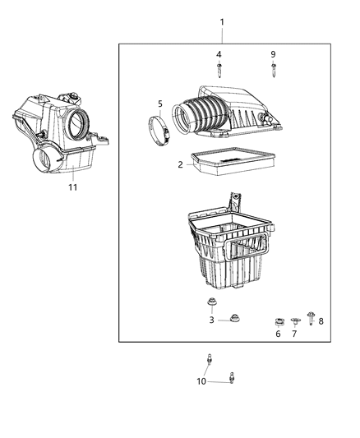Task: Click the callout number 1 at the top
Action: tap(220, 20)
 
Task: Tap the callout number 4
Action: tap(219, 54)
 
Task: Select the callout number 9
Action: tap(274, 54)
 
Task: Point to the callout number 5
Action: tap(160, 104)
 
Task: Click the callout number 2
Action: tap(180, 164)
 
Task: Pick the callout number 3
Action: tap(211, 320)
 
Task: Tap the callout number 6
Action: tap(278, 334)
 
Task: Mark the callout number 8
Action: tap(321, 321)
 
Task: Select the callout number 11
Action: tap(72, 188)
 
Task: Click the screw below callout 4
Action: tap(219, 70)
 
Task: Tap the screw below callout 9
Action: tap(274, 70)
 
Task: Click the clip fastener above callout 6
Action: tap(279, 320)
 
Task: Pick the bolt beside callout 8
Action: tap(311, 316)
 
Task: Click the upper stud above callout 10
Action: tap(211, 358)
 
